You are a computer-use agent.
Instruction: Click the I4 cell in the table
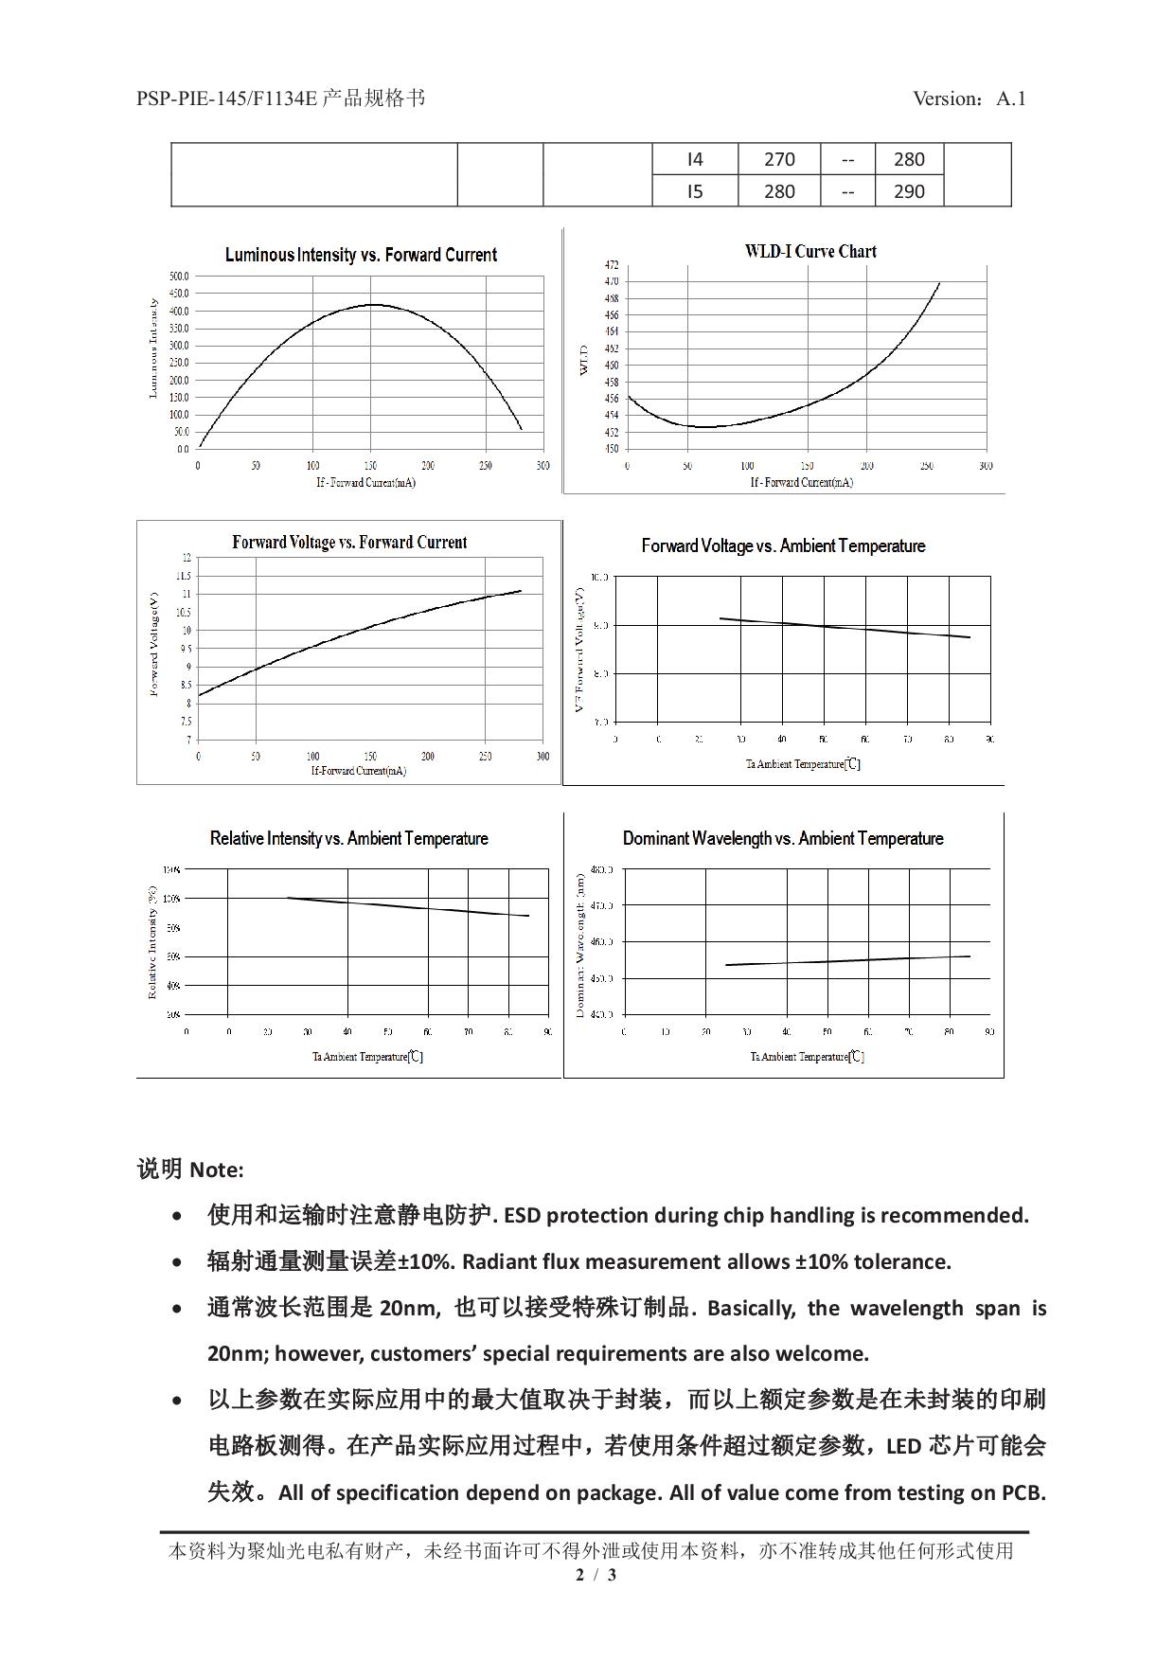[x=695, y=159]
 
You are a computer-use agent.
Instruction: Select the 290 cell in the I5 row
[x=909, y=191]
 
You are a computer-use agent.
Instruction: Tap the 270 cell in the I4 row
[x=779, y=159]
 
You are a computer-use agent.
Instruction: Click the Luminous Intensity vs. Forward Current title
[x=361, y=255]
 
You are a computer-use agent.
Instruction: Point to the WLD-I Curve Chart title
[x=810, y=251]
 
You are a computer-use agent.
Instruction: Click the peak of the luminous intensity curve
[x=374, y=305]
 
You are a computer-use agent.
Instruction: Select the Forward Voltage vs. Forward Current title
[x=349, y=543]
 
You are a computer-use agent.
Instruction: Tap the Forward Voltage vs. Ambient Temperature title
[x=783, y=545]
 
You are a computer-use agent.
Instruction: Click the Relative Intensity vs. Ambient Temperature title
[x=348, y=838]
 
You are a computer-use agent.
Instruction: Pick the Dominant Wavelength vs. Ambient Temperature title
[x=783, y=838]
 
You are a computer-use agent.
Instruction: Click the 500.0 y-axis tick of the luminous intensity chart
[x=179, y=277]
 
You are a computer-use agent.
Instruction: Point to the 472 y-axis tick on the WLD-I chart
[x=612, y=265]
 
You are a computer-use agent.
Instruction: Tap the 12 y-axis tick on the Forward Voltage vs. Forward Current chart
[x=187, y=558]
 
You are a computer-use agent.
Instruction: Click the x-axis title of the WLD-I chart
[x=801, y=482]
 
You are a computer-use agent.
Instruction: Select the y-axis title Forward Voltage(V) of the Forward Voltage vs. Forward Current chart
[x=153, y=644]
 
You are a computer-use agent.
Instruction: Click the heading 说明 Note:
[x=190, y=1170]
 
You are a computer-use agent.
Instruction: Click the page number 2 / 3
[x=596, y=1575]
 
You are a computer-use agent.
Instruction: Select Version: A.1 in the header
[x=969, y=98]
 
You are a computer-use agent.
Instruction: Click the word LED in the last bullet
[x=903, y=1446]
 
